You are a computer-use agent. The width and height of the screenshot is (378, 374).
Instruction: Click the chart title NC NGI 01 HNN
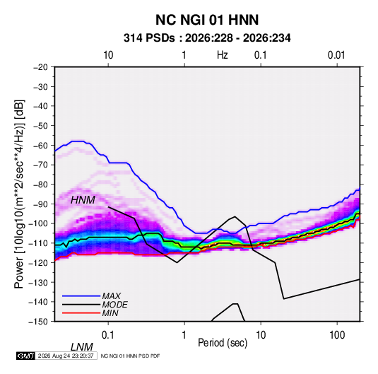click(207, 20)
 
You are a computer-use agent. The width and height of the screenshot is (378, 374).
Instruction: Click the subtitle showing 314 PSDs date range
click(207, 38)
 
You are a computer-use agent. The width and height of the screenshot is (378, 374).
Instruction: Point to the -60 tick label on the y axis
click(41, 145)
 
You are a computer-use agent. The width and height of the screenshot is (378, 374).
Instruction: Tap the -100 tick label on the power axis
click(39, 223)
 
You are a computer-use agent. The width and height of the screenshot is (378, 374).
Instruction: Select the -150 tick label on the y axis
click(39, 322)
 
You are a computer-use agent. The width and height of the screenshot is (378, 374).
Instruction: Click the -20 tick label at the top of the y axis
click(41, 67)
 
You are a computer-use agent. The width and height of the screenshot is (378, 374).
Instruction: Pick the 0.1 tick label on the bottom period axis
click(108, 335)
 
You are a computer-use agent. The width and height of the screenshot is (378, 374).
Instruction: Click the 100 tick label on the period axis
click(337, 335)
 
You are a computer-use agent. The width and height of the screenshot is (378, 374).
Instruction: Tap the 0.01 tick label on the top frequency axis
click(336, 55)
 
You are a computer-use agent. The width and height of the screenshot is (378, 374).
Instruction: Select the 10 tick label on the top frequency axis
click(108, 55)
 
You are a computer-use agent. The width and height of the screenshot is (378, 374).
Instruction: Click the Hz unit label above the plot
click(223, 55)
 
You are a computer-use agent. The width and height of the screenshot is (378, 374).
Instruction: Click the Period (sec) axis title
click(223, 343)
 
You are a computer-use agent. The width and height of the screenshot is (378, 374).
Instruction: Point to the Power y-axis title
click(19, 194)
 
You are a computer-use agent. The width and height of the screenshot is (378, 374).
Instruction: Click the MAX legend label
click(112, 296)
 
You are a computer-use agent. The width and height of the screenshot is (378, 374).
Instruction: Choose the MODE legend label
click(114, 305)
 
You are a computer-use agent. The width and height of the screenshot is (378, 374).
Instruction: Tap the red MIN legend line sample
click(81, 313)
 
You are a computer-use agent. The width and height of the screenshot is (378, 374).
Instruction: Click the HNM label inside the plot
click(83, 200)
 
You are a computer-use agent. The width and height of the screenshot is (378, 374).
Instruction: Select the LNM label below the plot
click(82, 347)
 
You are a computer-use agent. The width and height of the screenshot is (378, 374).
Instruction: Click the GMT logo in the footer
click(26, 356)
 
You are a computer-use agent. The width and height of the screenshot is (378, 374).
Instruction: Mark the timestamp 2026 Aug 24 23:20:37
click(66, 356)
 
